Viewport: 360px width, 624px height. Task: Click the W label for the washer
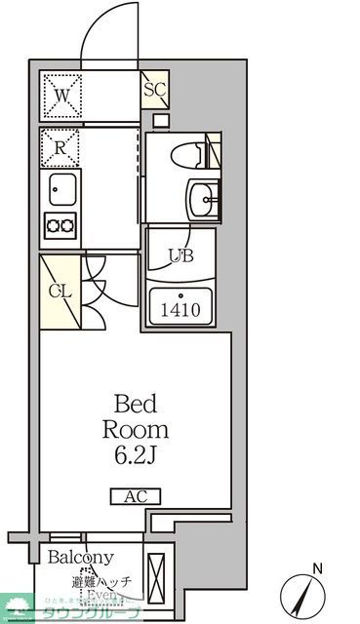[60, 96]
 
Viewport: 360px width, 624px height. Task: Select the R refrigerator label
[60, 148]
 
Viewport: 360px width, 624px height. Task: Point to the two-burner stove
[60, 225]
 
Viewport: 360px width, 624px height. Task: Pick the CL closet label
[58, 290]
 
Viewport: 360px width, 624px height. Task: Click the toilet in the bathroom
[191, 154]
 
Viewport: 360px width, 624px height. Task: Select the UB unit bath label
[180, 256]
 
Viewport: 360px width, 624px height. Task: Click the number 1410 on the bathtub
[182, 312]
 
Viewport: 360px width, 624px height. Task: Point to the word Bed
[137, 405]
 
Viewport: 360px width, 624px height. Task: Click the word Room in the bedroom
[137, 429]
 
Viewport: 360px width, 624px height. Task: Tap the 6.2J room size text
[137, 454]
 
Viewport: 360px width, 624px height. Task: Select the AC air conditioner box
[136, 497]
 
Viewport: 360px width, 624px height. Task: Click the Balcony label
[81, 558]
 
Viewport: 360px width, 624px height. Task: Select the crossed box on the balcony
[156, 580]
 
